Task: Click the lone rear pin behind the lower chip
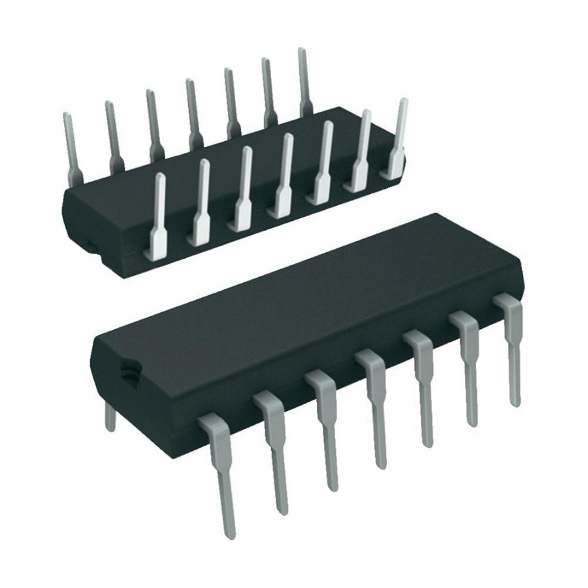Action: [x=110, y=416]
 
